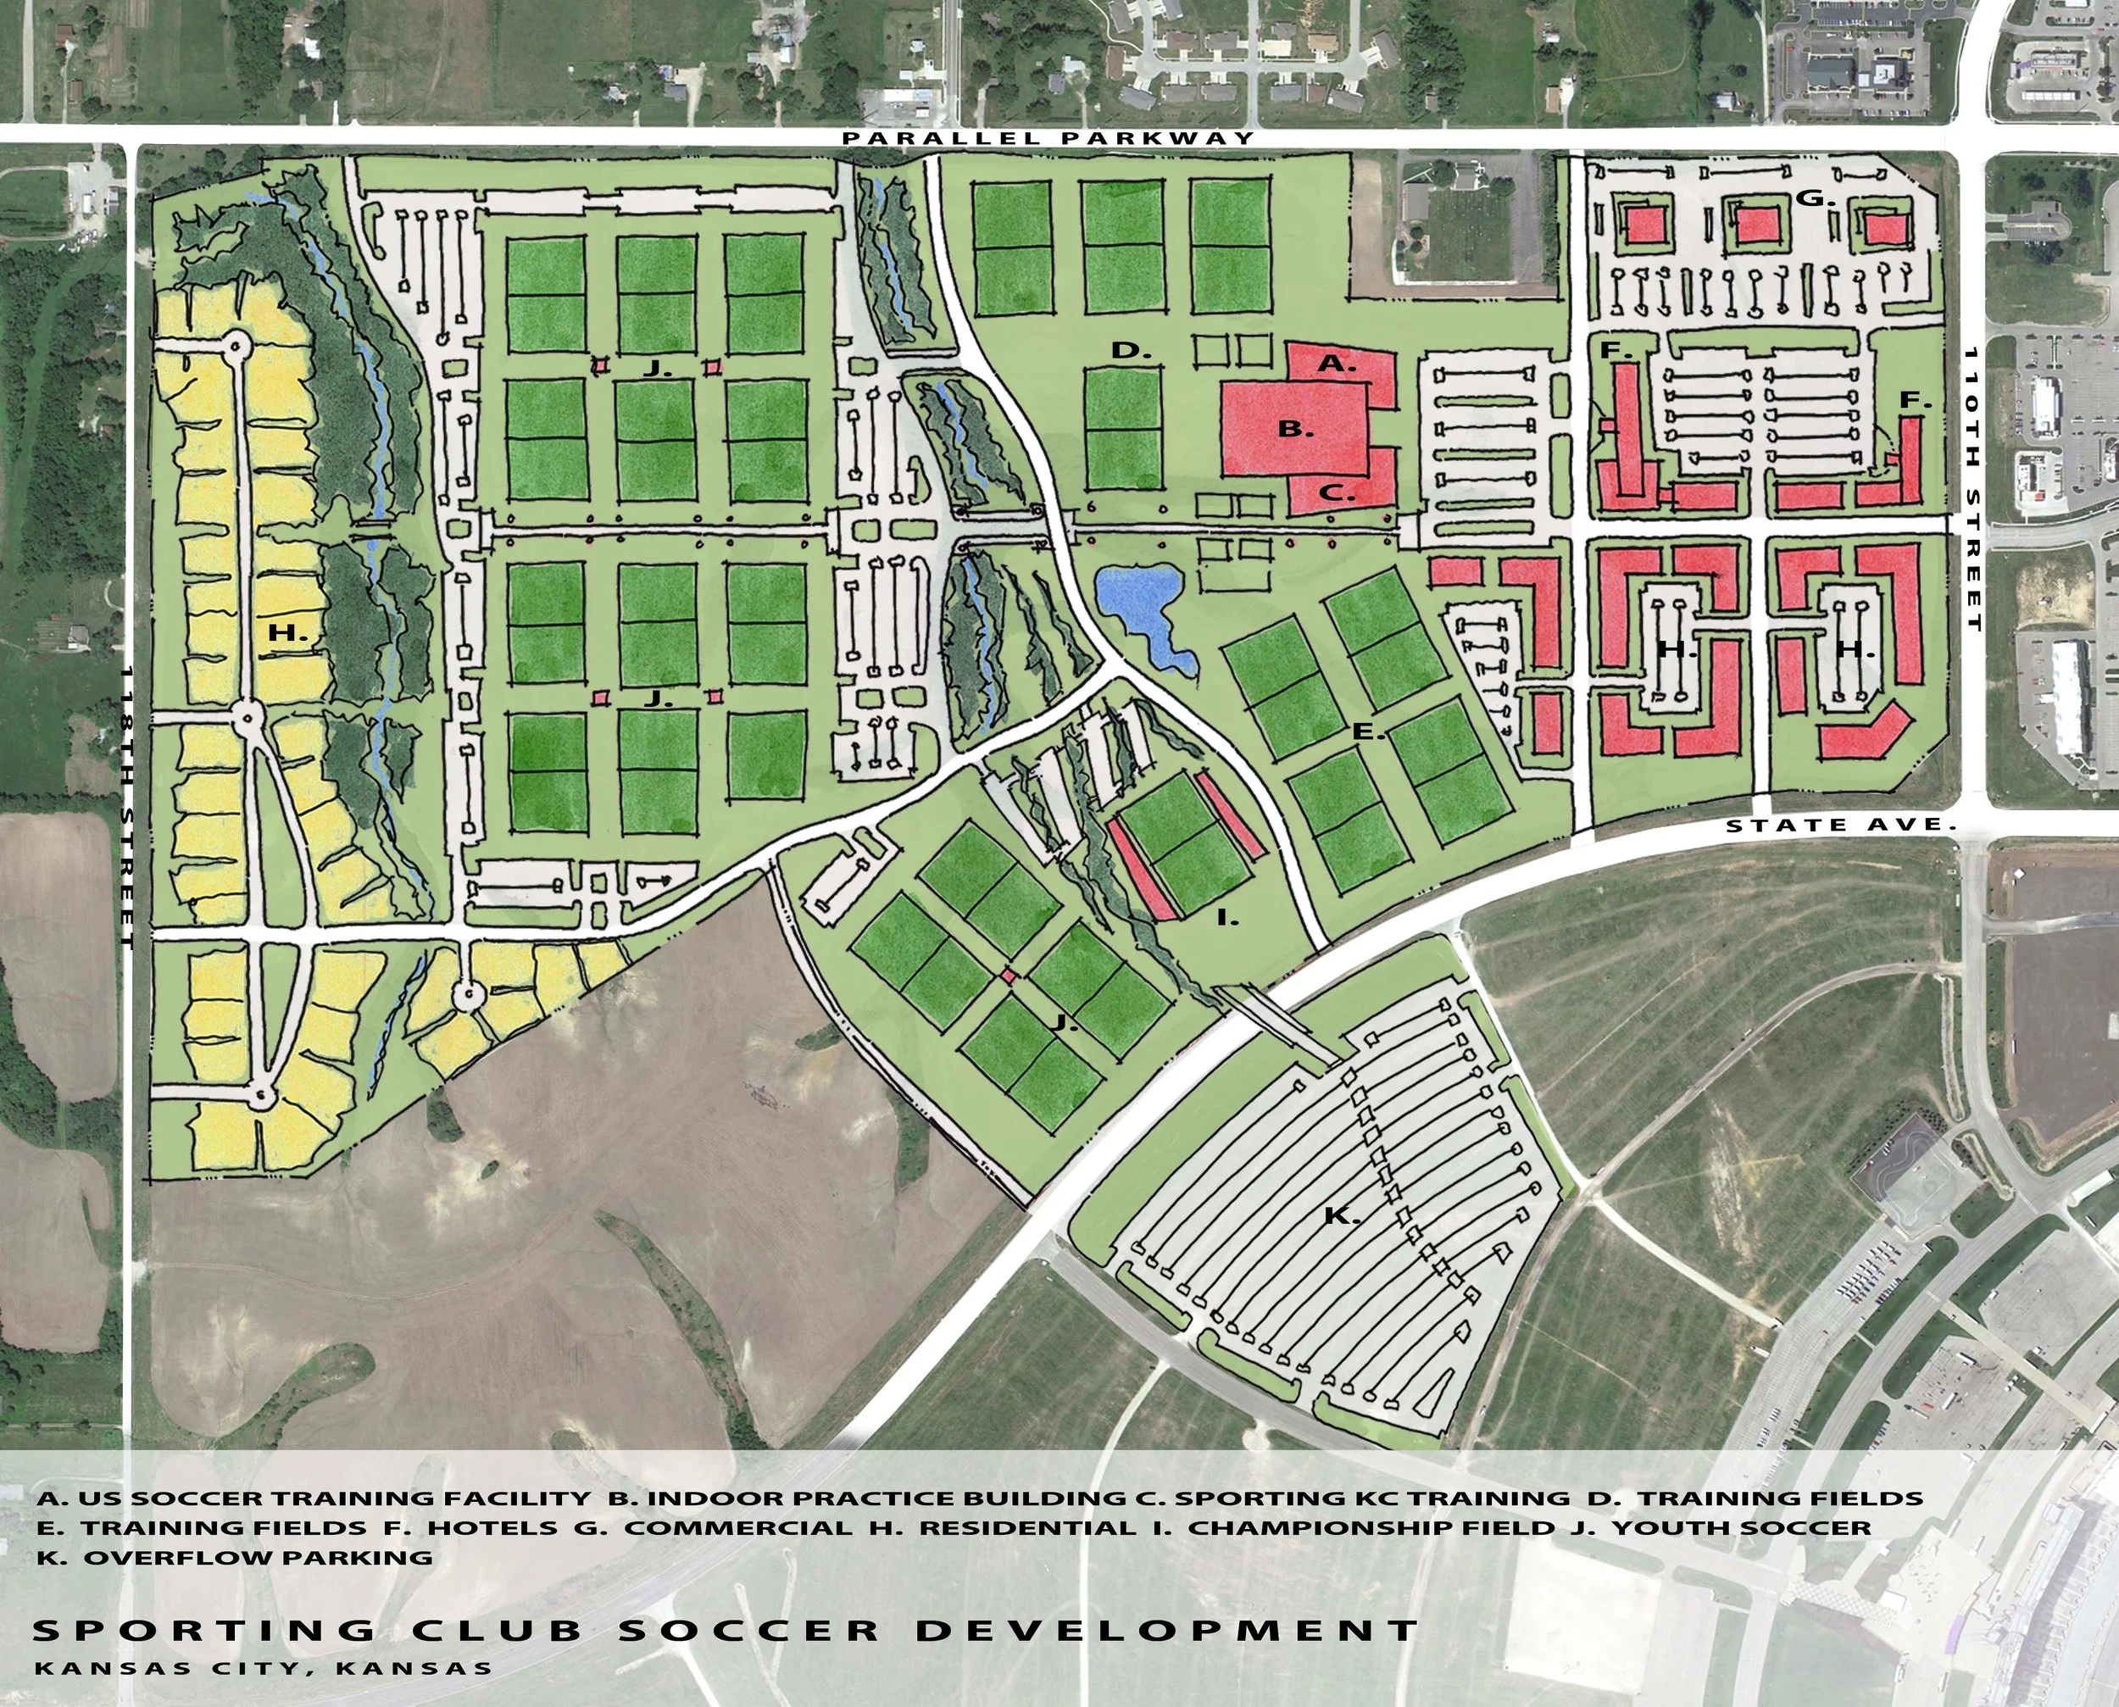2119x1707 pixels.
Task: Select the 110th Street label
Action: point(1972,489)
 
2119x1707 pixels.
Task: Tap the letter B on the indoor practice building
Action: point(1295,429)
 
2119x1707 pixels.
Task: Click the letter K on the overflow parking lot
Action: point(1340,1216)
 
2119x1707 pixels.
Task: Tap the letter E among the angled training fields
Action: point(1368,731)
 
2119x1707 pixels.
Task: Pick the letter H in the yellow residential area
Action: point(288,634)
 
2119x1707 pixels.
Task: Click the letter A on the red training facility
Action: point(1335,363)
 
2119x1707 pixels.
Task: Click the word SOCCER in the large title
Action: point(749,1631)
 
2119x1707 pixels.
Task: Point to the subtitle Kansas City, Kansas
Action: point(264,1668)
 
